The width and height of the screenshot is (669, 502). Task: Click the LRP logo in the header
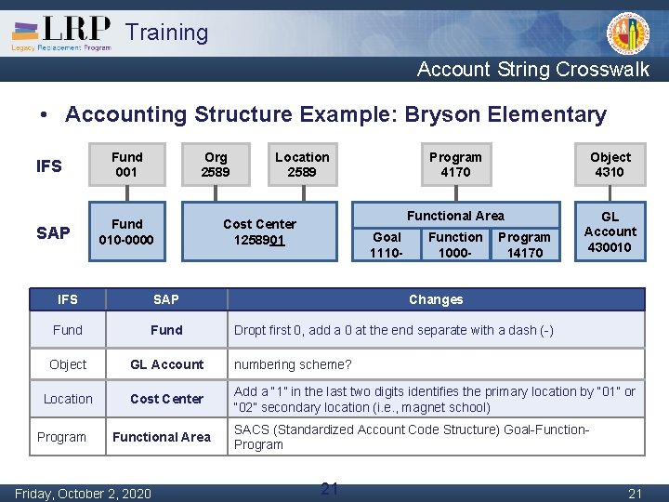pyautogui.click(x=61, y=33)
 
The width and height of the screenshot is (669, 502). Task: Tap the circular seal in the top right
pyautogui.click(x=628, y=34)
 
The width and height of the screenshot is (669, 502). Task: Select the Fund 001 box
pyautogui.click(x=126, y=165)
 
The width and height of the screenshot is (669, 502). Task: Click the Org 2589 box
pyautogui.click(x=216, y=165)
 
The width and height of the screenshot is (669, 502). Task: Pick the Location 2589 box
pyautogui.click(x=302, y=165)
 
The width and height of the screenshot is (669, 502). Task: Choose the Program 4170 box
pyautogui.click(x=455, y=165)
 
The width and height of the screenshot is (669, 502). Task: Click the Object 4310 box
pyautogui.click(x=610, y=165)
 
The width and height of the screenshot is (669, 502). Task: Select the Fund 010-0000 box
pyautogui.click(x=126, y=231)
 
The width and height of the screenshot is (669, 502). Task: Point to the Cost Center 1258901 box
pyautogui.click(x=259, y=231)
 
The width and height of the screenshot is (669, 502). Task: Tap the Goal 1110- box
pyautogui.click(x=387, y=244)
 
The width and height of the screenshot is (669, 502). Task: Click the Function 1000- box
pyautogui.click(x=455, y=244)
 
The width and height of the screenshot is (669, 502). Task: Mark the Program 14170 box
pyautogui.click(x=524, y=244)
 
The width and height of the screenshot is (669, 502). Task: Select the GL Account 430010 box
pyautogui.click(x=610, y=231)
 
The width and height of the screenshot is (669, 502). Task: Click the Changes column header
pyautogui.click(x=436, y=299)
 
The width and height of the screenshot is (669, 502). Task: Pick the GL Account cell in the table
pyautogui.click(x=166, y=364)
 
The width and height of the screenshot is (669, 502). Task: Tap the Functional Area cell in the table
pyautogui.click(x=162, y=437)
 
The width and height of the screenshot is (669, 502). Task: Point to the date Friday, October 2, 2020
pyautogui.click(x=83, y=493)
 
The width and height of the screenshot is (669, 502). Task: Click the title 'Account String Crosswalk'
pyautogui.click(x=533, y=69)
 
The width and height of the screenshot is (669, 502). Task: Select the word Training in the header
pyautogui.click(x=167, y=33)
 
